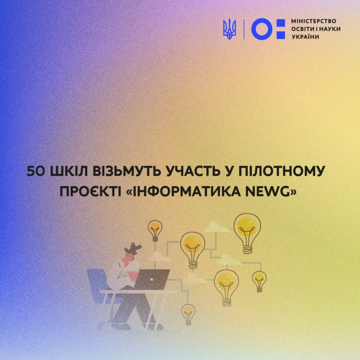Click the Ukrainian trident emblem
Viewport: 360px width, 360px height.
(x=229, y=29)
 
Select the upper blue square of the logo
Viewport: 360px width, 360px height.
(x=281, y=24)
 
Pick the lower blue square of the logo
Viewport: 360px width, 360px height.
(x=281, y=35)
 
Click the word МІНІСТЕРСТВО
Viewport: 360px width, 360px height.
(x=314, y=21)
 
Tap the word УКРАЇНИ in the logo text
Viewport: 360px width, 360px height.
(x=305, y=37)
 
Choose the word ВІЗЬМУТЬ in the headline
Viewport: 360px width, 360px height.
(x=127, y=171)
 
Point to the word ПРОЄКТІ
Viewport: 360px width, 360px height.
(x=90, y=192)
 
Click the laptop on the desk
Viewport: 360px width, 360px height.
(x=152, y=279)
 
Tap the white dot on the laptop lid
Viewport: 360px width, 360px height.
(x=152, y=279)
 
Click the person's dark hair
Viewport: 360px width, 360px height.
(x=133, y=249)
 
